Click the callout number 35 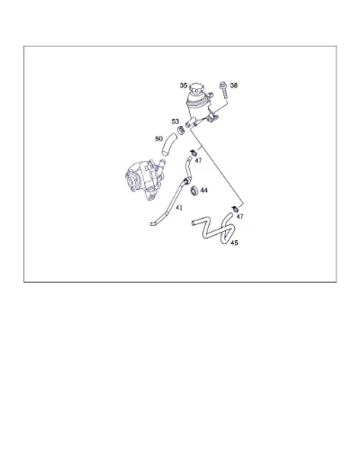pos(184,85)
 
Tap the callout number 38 pos(234,85)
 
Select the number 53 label pos(175,121)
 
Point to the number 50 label pos(158,139)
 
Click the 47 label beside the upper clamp pos(198,161)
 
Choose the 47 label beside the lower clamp pos(240,217)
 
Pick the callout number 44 pos(204,191)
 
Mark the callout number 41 pos(179,207)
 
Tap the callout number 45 pos(234,243)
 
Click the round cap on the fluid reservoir pos(196,87)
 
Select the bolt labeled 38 pos(223,89)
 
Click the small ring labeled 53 pos(181,130)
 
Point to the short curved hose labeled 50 pos(168,145)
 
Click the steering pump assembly pos(145,180)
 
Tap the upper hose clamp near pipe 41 pos(193,152)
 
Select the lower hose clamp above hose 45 pos(235,208)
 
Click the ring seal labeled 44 pos(194,191)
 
